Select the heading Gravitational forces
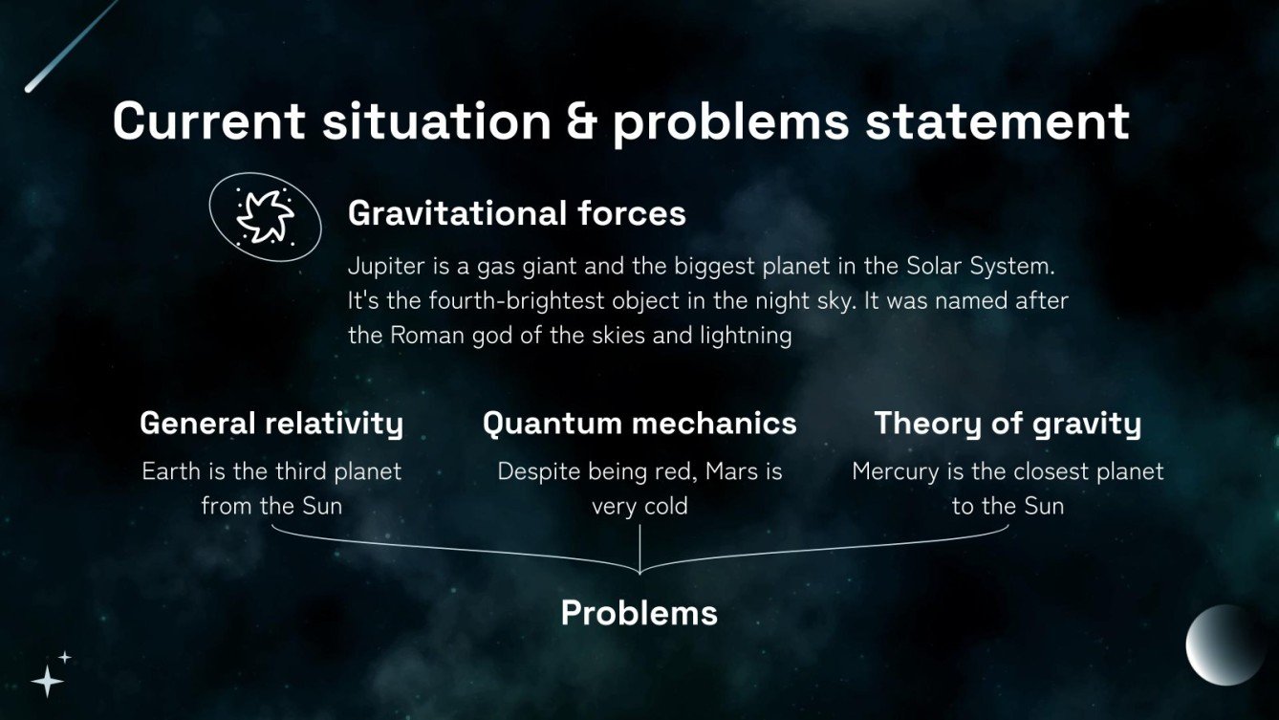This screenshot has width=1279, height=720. tap(516, 212)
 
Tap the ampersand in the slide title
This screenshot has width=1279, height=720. tap(581, 122)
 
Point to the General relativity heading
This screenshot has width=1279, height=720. tap(271, 423)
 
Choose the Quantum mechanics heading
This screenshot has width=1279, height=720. tap(639, 423)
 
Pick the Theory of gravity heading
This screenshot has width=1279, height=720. tap(1008, 423)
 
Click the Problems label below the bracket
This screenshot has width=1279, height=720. tap(639, 612)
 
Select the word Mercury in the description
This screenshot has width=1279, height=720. tap(893, 471)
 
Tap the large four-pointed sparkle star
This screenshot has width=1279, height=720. tap(47, 681)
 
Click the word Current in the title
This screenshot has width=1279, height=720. tap(208, 122)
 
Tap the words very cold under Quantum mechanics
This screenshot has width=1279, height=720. tap(639, 506)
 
